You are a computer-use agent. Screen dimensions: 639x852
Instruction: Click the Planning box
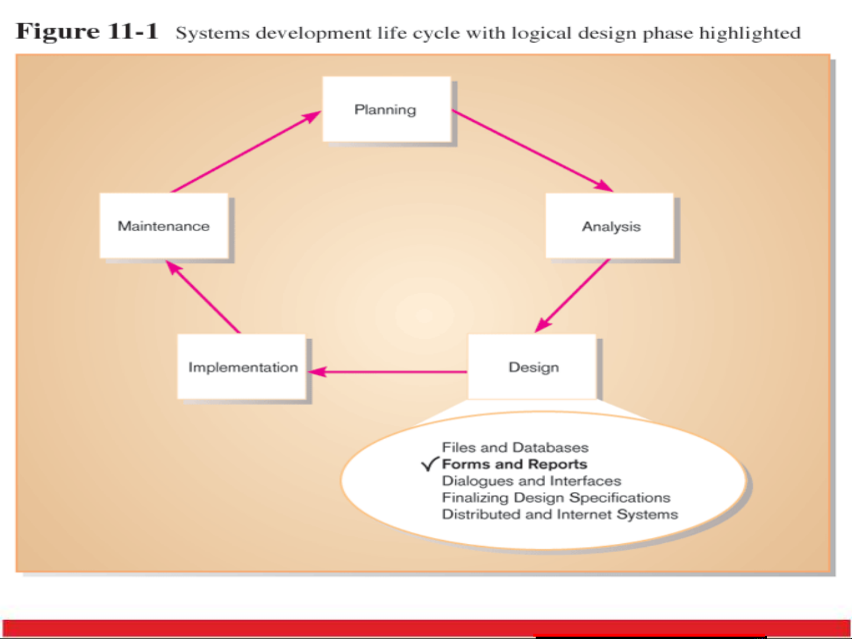click(x=386, y=109)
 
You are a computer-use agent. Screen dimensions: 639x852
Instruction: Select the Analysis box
click(x=610, y=226)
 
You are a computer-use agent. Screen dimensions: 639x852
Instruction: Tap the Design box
click(x=533, y=367)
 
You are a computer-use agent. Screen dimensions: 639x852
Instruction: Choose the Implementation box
click(x=242, y=367)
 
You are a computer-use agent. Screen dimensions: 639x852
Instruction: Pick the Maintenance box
click(x=164, y=226)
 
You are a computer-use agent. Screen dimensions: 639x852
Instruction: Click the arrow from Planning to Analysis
click(x=532, y=151)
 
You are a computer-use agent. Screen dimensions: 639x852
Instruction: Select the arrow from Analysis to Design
click(x=572, y=296)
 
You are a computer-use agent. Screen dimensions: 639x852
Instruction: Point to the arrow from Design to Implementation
click(x=387, y=372)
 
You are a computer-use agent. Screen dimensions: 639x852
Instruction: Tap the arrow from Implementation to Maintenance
click(x=203, y=297)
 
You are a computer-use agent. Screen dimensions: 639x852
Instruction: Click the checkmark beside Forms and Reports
click(x=430, y=464)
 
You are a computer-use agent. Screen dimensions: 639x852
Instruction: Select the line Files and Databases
click(x=515, y=447)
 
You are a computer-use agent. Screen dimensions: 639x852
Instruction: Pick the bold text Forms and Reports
click(x=514, y=464)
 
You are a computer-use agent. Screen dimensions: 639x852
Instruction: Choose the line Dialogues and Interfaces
click(x=532, y=481)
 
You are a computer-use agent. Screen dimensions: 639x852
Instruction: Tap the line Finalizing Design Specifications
click(x=556, y=498)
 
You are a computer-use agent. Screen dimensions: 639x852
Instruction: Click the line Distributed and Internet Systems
click(x=559, y=514)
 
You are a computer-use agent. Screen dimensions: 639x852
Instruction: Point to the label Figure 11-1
click(x=87, y=31)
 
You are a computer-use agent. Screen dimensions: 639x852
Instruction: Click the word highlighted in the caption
click(x=750, y=33)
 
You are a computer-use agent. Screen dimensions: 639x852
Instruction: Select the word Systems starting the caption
click(x=212, y=34)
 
